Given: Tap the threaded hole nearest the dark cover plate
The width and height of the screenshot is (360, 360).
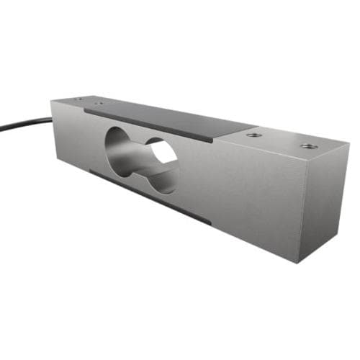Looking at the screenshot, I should (251, 135).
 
